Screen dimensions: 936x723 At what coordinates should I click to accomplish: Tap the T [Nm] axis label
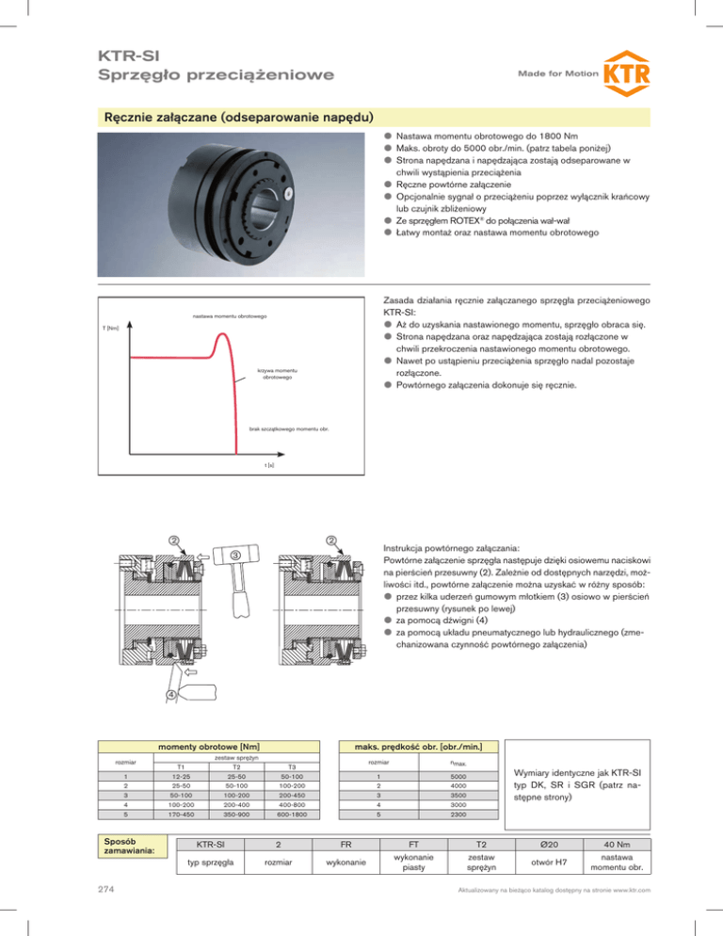coord(109,327)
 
